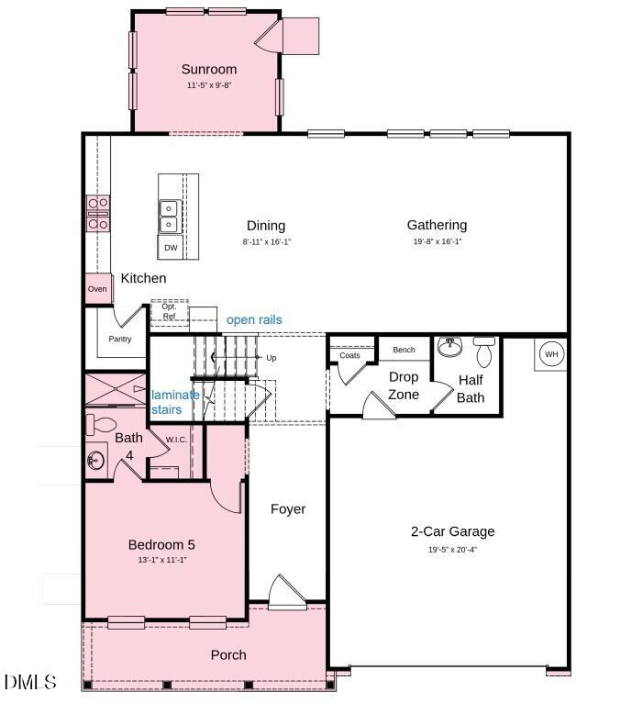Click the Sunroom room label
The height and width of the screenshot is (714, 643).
(208, 69)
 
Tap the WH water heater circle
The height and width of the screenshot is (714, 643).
(551, 354)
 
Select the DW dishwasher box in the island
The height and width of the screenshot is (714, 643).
(171, 248)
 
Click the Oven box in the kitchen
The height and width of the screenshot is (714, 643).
(97, 289)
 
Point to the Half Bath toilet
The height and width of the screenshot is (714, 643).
(484, 351)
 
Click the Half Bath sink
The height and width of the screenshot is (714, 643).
(449, 348)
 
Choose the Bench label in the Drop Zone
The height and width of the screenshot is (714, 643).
(404, 350)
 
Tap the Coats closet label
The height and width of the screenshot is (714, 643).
(349, 355)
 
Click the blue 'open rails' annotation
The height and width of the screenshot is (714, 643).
(254, 319)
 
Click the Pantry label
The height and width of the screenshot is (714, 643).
(120, 339)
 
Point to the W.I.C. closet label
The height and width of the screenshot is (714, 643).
(176, 440)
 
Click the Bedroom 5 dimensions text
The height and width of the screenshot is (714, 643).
(161, 560)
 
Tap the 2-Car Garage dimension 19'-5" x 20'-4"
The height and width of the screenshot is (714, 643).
(452, 550)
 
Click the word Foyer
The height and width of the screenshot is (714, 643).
(288, 509)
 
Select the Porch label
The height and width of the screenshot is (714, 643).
(228, 654)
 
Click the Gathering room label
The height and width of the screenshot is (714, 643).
(437, 225)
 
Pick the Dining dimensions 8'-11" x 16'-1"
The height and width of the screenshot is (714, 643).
(266, 242)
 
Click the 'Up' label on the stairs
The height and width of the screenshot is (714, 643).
(271, 358)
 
